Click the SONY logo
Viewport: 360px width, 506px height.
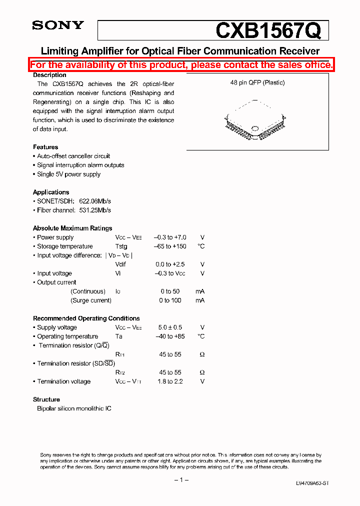(x=57, y=25)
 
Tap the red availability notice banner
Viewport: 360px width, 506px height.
(x=181, y=65)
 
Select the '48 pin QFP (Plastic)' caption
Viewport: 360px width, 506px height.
(x=257, y=82)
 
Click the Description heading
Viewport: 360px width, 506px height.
(x=49, y=75)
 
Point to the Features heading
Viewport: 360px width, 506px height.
(x=45, y=147)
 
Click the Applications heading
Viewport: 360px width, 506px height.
(x=51, y=192)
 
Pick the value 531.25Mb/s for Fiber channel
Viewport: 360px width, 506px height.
(x=95, y=210)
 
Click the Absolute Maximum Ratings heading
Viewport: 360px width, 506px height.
(x=72, y=228)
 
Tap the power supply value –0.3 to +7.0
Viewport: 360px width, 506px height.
(x=170, y=237)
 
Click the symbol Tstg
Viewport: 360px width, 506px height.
(x=121, y=246)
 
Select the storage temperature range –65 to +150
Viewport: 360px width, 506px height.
(x=170, y=246)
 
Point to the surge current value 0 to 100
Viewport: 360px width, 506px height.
(x=170, y=300)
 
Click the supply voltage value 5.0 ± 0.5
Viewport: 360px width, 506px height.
(x=170, y=327)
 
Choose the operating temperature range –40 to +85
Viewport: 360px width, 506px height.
(x=170, y=336)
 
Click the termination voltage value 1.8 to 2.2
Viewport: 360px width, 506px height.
(x=170, y=381)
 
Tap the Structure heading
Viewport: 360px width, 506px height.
(x=46, y=399)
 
